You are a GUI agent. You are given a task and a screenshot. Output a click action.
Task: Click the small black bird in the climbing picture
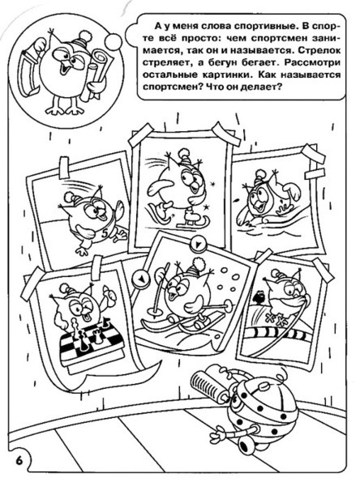(x=259, y=298)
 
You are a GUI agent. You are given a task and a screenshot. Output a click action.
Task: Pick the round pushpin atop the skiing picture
(x=198, y=243)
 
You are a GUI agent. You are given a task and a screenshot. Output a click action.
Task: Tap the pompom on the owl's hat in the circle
(x=84, y=36)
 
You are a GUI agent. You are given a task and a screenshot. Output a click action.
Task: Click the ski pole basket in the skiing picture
(x=154, y=309)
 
